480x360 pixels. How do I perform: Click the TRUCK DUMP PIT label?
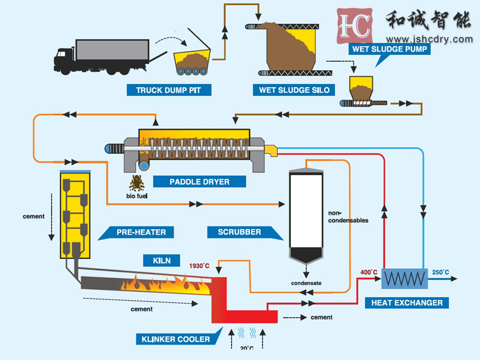coord(169,91)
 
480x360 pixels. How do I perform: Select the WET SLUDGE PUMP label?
coord(390,49)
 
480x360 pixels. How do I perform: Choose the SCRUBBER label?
coord(239,232)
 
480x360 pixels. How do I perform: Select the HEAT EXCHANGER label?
coord(407,303)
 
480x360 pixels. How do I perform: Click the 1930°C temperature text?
coord(199,266)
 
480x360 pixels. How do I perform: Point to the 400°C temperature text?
coord(368,272)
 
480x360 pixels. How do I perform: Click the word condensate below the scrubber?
coord(306,283)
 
